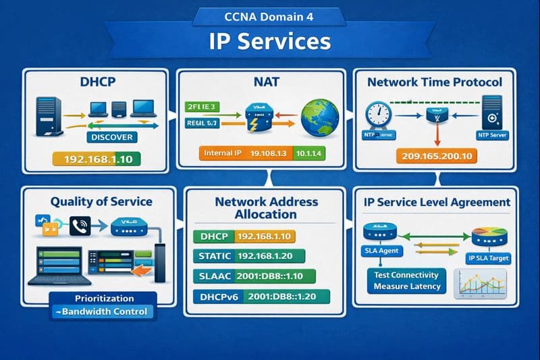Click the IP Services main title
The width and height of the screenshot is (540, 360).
270,41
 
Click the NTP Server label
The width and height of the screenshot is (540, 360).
493,135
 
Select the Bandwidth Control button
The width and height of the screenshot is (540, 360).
103,312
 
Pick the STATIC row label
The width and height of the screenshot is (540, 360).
215,256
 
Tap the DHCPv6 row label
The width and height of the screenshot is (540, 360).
217,297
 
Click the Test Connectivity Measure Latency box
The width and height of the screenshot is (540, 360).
407,280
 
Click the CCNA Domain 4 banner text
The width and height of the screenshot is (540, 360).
269,16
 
